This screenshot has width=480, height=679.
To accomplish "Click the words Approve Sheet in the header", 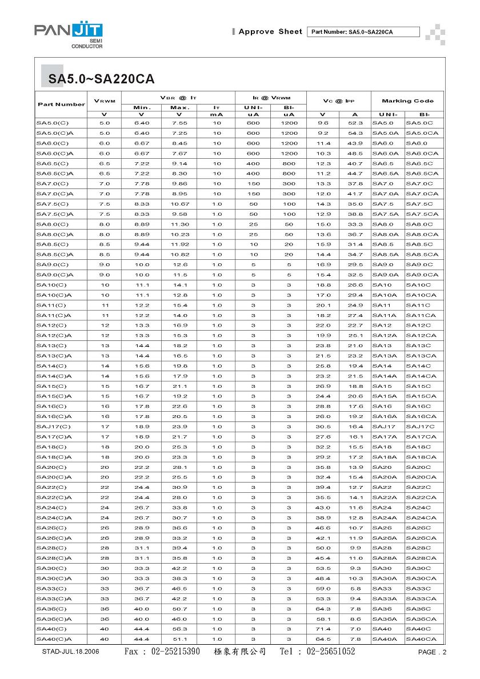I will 270,32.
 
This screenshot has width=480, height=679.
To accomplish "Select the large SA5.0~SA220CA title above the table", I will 101,79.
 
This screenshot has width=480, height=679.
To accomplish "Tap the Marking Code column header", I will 408,101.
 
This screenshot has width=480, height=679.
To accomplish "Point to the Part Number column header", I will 61,105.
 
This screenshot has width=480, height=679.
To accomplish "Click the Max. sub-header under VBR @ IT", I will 179,108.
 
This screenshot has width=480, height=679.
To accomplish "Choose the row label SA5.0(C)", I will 52,123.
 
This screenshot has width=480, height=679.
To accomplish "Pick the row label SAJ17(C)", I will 54,427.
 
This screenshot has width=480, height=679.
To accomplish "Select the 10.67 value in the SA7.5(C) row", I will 179,204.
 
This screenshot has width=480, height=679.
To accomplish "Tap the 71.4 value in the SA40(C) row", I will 323,629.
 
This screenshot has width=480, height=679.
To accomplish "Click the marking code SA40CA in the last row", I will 421,639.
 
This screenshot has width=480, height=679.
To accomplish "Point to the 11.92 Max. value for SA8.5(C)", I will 179,244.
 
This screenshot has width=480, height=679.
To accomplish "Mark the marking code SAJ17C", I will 420,427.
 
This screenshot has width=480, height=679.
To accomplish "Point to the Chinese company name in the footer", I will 240,652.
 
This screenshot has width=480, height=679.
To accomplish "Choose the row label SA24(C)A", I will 54,518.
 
